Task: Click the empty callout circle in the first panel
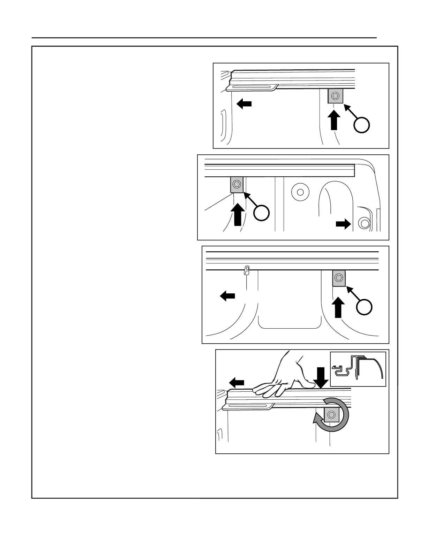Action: [362, 125]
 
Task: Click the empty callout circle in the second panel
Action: [261, 213]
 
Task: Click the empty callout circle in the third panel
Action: [364, 307]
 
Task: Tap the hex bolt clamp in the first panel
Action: [335, 96]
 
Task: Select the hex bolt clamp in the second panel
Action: [237, 184]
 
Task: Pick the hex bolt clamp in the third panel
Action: [338, 278]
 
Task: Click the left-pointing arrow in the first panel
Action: [244, 103]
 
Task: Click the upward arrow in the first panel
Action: [334, 120]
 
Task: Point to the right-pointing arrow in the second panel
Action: [343, 224]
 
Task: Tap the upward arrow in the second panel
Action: [238, 214]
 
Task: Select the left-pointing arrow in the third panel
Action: [227, 296]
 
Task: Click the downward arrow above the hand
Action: [321, 378]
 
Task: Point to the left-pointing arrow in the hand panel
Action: [237, 383]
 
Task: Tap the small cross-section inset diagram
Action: [358, 369]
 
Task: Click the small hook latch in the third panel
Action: [247, 270]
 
